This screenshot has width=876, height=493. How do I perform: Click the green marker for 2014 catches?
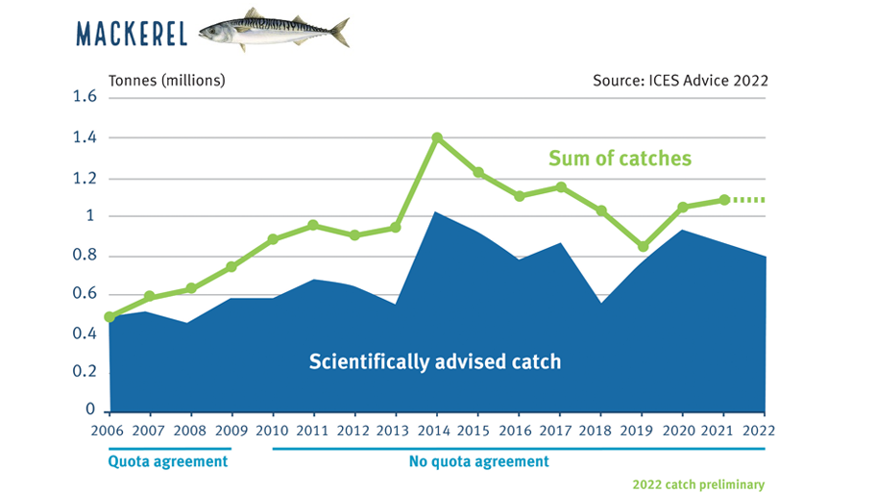(437, 137)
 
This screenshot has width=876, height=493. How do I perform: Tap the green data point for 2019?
(643, 247)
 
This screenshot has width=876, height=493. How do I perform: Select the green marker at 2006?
(109, 316)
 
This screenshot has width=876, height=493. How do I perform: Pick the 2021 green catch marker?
(724, 200)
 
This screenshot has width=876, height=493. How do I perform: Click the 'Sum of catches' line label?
(620, 159)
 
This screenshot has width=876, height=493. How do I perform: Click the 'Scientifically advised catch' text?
(434, 362)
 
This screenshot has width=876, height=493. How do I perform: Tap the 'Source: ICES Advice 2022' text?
(680, 80)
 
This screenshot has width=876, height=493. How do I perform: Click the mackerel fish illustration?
(274, 30)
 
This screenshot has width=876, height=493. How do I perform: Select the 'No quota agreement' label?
(478, 461)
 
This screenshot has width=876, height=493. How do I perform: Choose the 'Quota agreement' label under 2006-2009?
(168, 461)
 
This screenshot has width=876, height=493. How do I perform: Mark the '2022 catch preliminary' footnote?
(698, 484)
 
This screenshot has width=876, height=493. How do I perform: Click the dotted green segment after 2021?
(749, 200)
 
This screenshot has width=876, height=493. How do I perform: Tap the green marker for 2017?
(561, 187)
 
